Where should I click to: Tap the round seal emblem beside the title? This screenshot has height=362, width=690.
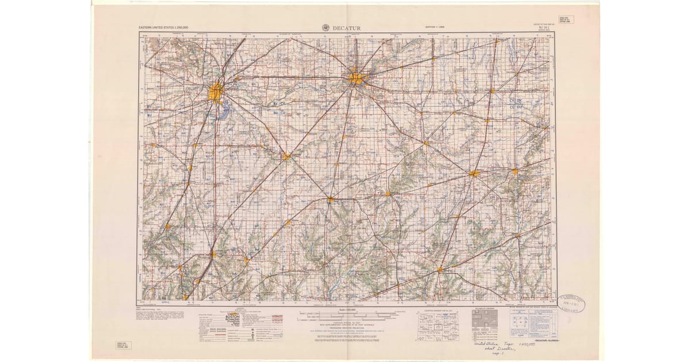pyautogui.click(x=325, y=27)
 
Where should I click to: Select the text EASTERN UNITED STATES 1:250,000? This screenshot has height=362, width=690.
pyautogui.click(x=163, y=28)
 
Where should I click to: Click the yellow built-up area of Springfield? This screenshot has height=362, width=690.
pyautogui.click(x=216, y=91)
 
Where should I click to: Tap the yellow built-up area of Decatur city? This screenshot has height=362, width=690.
pyautogui.click(x=356, y=78)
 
